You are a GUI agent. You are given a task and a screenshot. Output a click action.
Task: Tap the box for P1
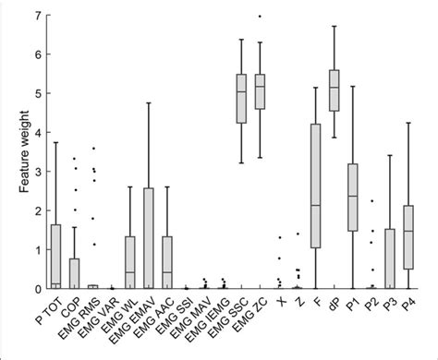pos(352,198)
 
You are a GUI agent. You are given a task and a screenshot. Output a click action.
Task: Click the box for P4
pos(408,237)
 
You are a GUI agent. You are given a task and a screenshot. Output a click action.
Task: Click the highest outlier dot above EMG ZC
pos(260,17)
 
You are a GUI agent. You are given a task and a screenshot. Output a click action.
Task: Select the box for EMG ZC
pos(260,91)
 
